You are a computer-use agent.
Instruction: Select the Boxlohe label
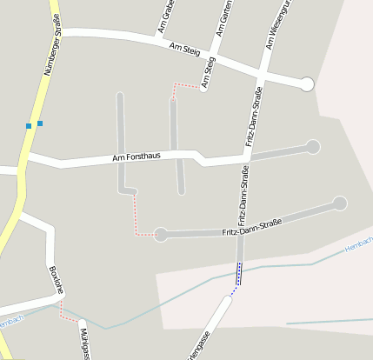56,280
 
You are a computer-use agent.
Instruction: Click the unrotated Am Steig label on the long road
185,52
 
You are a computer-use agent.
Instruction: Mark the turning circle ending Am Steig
306,84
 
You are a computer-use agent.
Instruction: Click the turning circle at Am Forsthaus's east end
313,147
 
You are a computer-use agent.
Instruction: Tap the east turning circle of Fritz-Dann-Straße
339,203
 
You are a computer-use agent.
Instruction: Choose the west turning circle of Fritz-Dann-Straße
160,234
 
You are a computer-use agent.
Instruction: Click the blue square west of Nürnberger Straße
29,126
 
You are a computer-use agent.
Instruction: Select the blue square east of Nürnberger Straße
40,123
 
